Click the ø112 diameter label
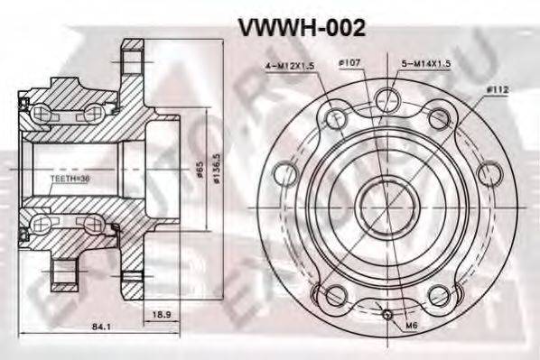click(498, 89)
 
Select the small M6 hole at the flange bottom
click(386, 316)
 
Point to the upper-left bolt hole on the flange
click(335, 117)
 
